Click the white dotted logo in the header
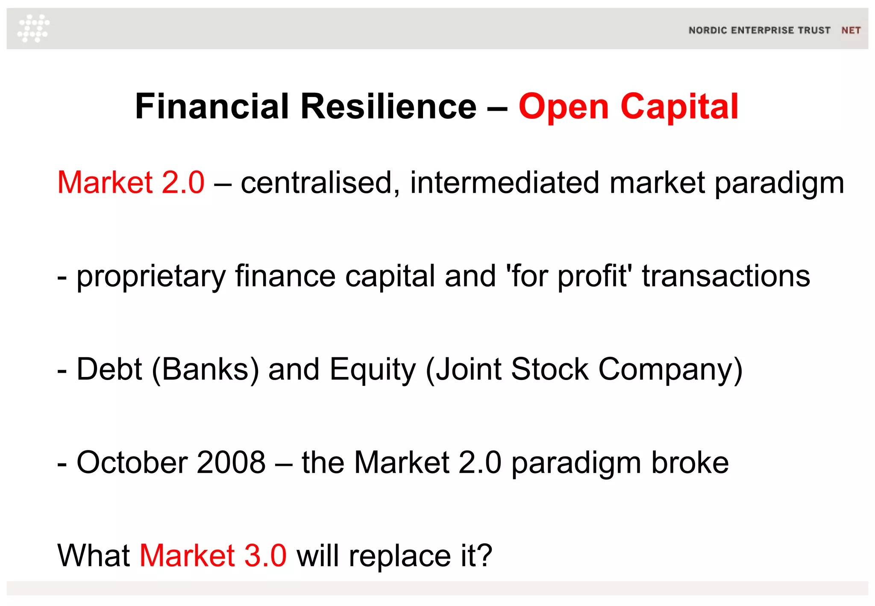coord(33,28)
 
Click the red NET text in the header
coord(851,30)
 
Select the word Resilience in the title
coord(388,106)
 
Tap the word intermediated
coord(505,182)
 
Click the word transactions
coord(725,276)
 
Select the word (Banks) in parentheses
coord(206,369)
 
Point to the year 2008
coord(231,462)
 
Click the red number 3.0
coord(265,556)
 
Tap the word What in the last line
coord(94,556)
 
